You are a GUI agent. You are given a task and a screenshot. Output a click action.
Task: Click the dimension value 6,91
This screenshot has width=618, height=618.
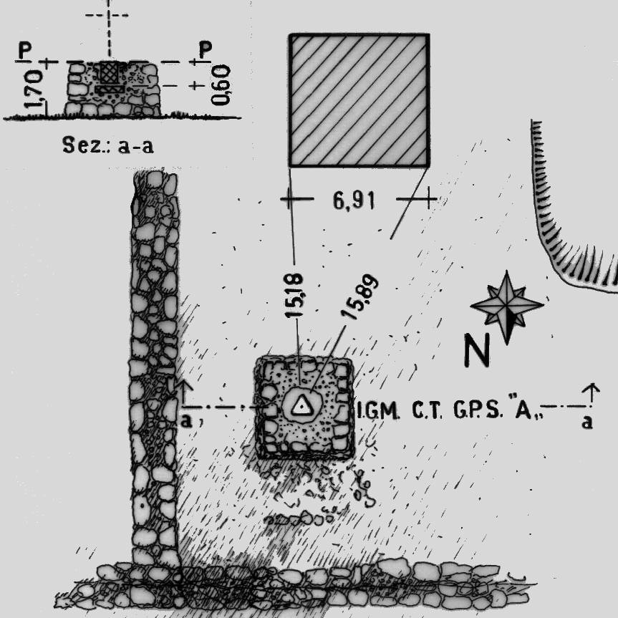click(354, 201)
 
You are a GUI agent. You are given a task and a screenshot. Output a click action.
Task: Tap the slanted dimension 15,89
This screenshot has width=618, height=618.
click(360, 295)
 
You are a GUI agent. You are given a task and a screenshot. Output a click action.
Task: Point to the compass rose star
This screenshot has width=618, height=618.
click(507, 305)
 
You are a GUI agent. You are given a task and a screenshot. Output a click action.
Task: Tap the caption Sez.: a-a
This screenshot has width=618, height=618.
click(108, 147)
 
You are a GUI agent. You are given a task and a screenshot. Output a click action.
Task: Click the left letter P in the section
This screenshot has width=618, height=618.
click(26, 50)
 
